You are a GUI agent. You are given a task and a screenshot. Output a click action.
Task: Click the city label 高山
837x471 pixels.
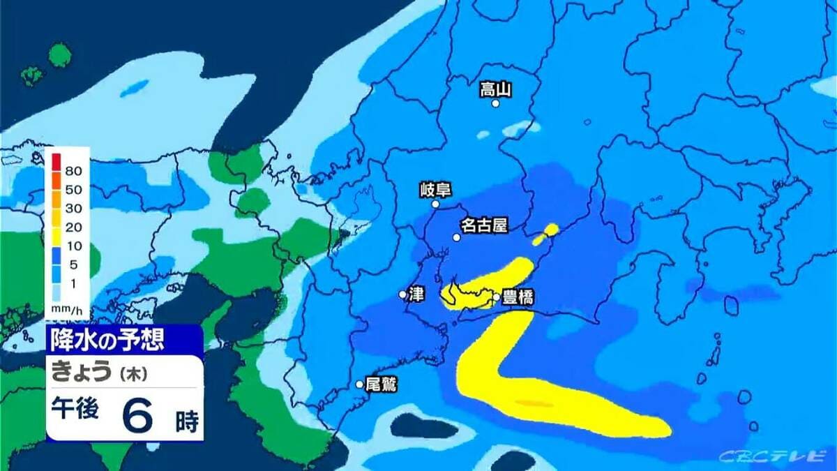[x=496, y=89]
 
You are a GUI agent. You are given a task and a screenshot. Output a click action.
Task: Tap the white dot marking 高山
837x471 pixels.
[x=495, y=103]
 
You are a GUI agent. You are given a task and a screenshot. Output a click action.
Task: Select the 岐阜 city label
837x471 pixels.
[x=434, y=189]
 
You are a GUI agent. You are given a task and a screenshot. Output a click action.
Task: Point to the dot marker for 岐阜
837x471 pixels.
[x=435, y=204]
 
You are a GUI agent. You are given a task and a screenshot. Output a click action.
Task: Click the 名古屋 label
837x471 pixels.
[x=483, y=225]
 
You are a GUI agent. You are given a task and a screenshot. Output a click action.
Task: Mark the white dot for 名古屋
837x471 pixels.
[x=456, y=237]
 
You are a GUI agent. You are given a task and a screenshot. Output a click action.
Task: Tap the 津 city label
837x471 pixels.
[x=416, y=294]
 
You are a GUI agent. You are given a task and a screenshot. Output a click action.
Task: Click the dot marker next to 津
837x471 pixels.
[x=402, y=294]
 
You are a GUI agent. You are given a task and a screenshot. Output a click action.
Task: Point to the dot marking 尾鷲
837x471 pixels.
[x=359, y=384]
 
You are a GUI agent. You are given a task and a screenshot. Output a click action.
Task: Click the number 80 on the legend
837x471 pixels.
[x=74, y=170]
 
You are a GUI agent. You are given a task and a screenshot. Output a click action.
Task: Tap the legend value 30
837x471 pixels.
[x=74, y=208]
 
